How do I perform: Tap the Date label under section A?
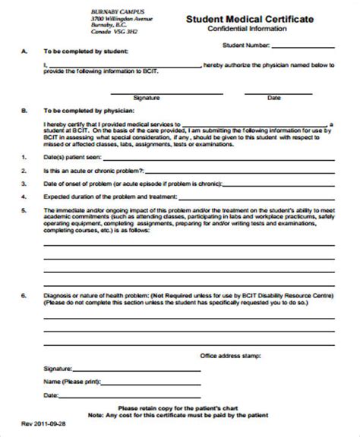coord(273,97)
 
